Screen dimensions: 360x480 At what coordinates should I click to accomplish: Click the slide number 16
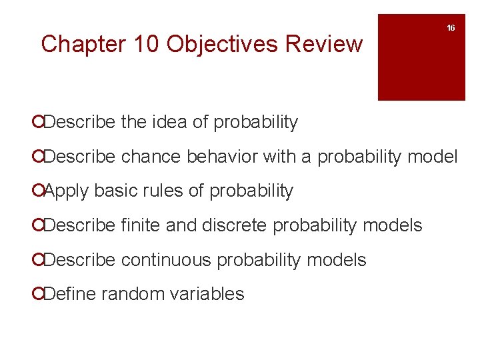451,28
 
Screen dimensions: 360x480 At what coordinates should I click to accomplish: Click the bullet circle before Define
43,295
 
